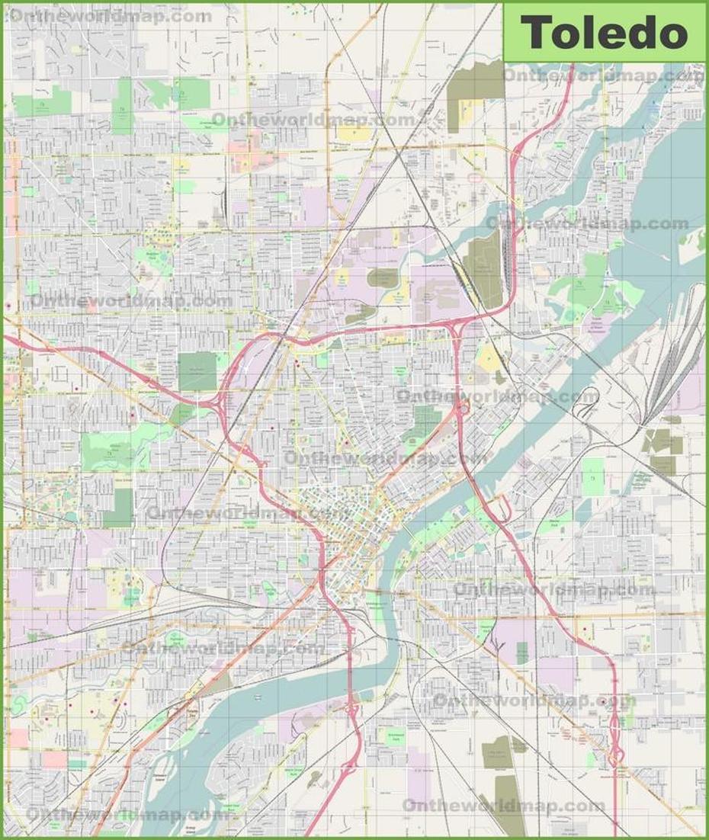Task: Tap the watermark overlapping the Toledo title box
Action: tap(602, 75)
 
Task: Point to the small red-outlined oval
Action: tap(474, 178)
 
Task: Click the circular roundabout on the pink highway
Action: tap(462, 410)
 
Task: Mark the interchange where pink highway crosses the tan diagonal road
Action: tap(614, 755)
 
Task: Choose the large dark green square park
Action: tap(197, 371)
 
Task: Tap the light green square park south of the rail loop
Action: tap(593, 477)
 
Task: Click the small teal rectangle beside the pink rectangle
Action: tap(77, 763)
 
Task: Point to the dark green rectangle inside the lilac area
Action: tap(521, 652)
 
